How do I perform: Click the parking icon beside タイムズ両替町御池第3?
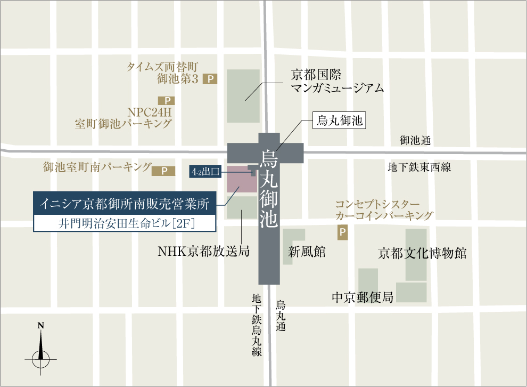click(211, 79)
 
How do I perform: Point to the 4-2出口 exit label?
click(205, 172)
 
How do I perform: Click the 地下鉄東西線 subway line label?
click(419, 167)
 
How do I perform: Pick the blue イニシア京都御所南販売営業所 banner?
click(125, 203)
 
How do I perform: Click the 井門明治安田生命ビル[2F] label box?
click(125, 223)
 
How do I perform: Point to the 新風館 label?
click(307, 252)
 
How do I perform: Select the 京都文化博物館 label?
click(422, 253)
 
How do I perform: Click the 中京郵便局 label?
click(362, 297)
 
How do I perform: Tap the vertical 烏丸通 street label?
click(281, 316)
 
